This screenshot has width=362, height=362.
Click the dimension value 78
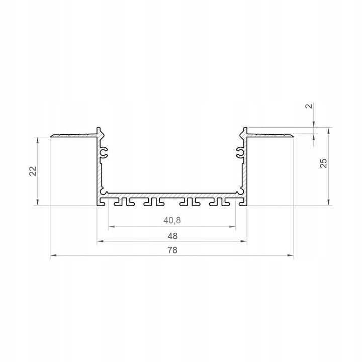click(172, 250)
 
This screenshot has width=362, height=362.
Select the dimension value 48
click(172, 235)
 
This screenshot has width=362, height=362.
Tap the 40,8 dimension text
click(172, 220)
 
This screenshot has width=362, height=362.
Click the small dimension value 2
click(309, 106)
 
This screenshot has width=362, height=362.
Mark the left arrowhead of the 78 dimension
click(53, 256)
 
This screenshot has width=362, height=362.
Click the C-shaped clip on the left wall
click(105, 152)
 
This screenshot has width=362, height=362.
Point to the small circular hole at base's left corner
click(104, 192)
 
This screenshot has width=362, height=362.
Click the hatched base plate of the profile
click(172, 194)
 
